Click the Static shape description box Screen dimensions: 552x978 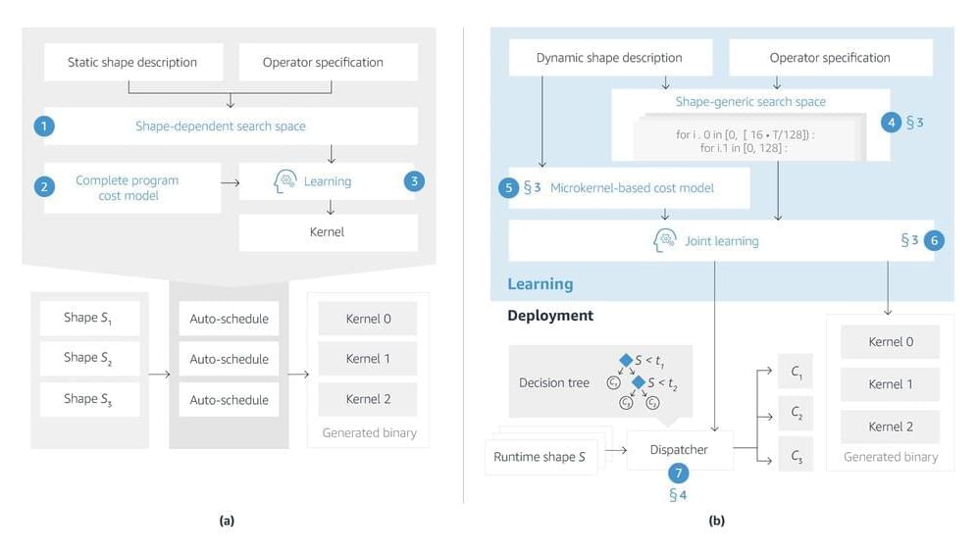tap(132, 62)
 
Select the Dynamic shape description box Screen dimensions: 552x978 tap(609, 58)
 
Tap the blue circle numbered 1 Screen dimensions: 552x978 tap(43, 126)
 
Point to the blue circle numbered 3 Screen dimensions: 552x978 tap(415, 181)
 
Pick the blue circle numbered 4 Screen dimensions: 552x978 tap(891, 123)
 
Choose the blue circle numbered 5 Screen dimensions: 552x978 tap(508, 188)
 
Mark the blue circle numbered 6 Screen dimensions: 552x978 tap(934, 240)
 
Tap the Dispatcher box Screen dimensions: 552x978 tap(679, 450)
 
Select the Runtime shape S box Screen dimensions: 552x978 tap(540, 457)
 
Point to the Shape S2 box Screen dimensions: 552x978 tap(89, 358)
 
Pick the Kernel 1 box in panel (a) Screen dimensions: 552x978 tap(368, 359)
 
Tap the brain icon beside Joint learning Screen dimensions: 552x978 tap(665, 240)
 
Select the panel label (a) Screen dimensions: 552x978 tap(227, 521)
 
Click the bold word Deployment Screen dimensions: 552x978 tap(550, 316)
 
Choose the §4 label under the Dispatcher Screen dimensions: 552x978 tap(678, 495)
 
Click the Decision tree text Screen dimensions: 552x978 tap(554, 382)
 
